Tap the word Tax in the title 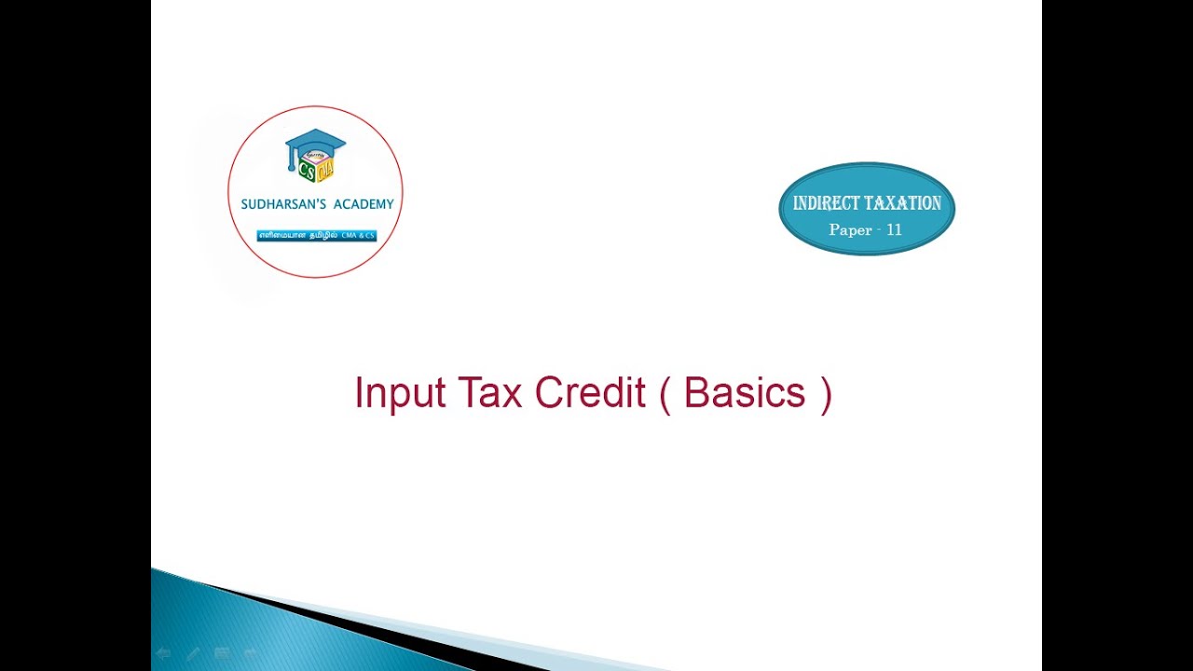[x=488, y=393]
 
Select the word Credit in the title [x=590, y=393]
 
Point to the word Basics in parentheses [x=744, y=393]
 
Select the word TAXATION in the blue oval [x=904, y=203]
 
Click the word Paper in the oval [x=850, y=229]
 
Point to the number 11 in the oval [x=894, y=229]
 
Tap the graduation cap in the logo [x=315, y=144]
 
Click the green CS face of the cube [x=306, y=171]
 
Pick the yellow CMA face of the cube [x=324, y=171]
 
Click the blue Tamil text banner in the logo [x=316, y=236]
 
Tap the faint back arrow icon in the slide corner [x=163, y=654]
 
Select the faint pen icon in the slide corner [x=193, y=654]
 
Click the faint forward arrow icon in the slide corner [x=251, y=654]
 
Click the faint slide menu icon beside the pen [x=222, y=654]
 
